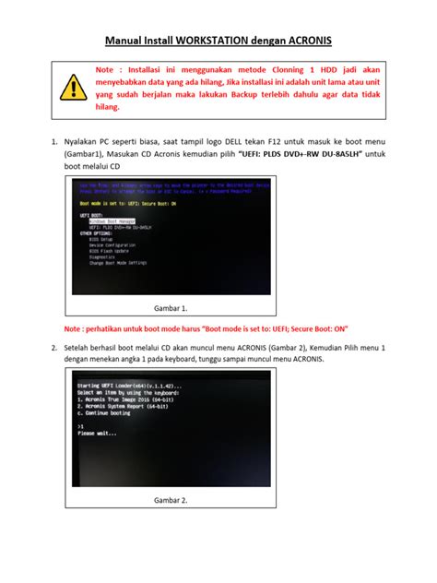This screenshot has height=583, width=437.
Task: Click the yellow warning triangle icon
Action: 70,87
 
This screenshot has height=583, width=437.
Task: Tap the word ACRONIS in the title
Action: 302,41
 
